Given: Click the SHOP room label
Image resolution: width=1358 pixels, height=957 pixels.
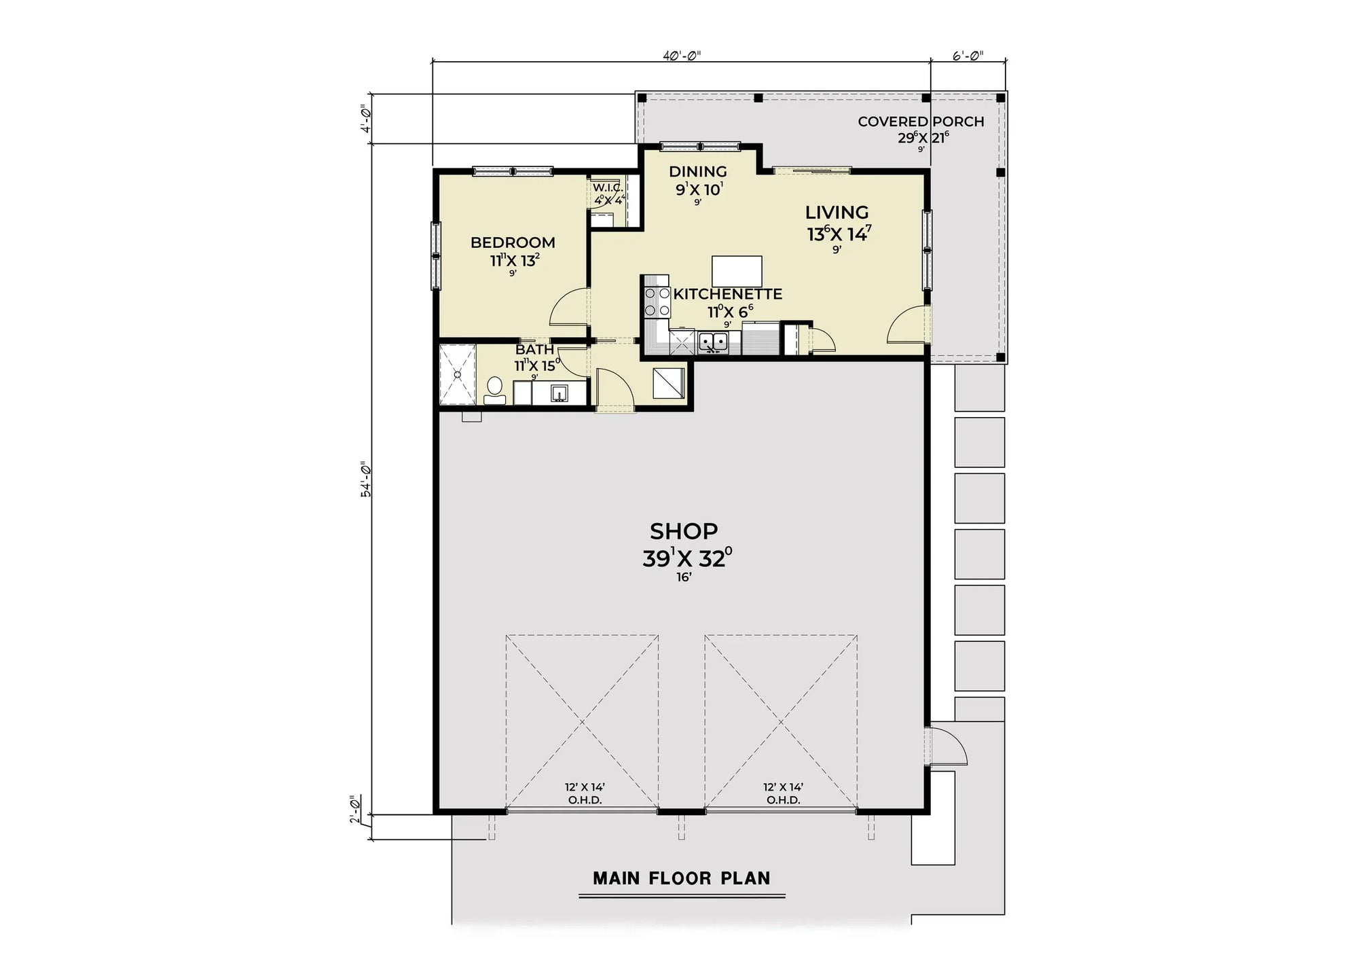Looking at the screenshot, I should pyautogui.click(x=684, y=530).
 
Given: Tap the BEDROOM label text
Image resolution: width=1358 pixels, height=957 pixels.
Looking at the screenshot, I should pyautogui.click(x=513, y=242).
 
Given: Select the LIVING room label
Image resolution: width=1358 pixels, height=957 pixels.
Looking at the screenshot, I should pyautogui.click(x=837, y=213).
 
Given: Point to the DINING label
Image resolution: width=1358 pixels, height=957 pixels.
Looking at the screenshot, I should pyautogui.click(x=697, y=172).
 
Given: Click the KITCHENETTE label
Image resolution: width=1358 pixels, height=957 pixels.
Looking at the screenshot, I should pyautogui.click(x=727, y=294).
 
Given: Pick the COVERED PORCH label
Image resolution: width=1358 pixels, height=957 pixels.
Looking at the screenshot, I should pyautogui.click(x=920, y=122).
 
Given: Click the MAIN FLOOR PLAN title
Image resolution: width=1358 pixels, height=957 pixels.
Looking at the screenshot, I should pyautogui.click(x=682, y=878).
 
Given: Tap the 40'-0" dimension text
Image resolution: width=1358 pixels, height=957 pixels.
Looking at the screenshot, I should pyautogui.click(x=681, y=56).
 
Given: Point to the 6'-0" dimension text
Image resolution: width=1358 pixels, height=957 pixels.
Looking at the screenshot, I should pyautogui.click(x=968, y=56).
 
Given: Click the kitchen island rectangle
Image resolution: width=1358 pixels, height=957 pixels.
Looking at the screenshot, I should pyautogui.click(x=737, y=271).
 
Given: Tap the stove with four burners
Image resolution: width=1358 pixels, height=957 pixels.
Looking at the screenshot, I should pyautogui.click(x=657, y=302).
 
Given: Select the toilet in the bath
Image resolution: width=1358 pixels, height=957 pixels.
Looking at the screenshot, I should pyautogui.click(x=494, y=390).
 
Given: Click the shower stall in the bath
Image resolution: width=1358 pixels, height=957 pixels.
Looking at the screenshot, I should pyautogui.click(x=458, y=374).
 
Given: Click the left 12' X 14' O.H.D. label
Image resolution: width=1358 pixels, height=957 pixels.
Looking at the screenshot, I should pyautogui.click(x=585, y=793).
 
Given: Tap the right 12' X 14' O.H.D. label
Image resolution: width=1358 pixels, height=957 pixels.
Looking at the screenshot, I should pyautogui.click(x=783, y=793).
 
